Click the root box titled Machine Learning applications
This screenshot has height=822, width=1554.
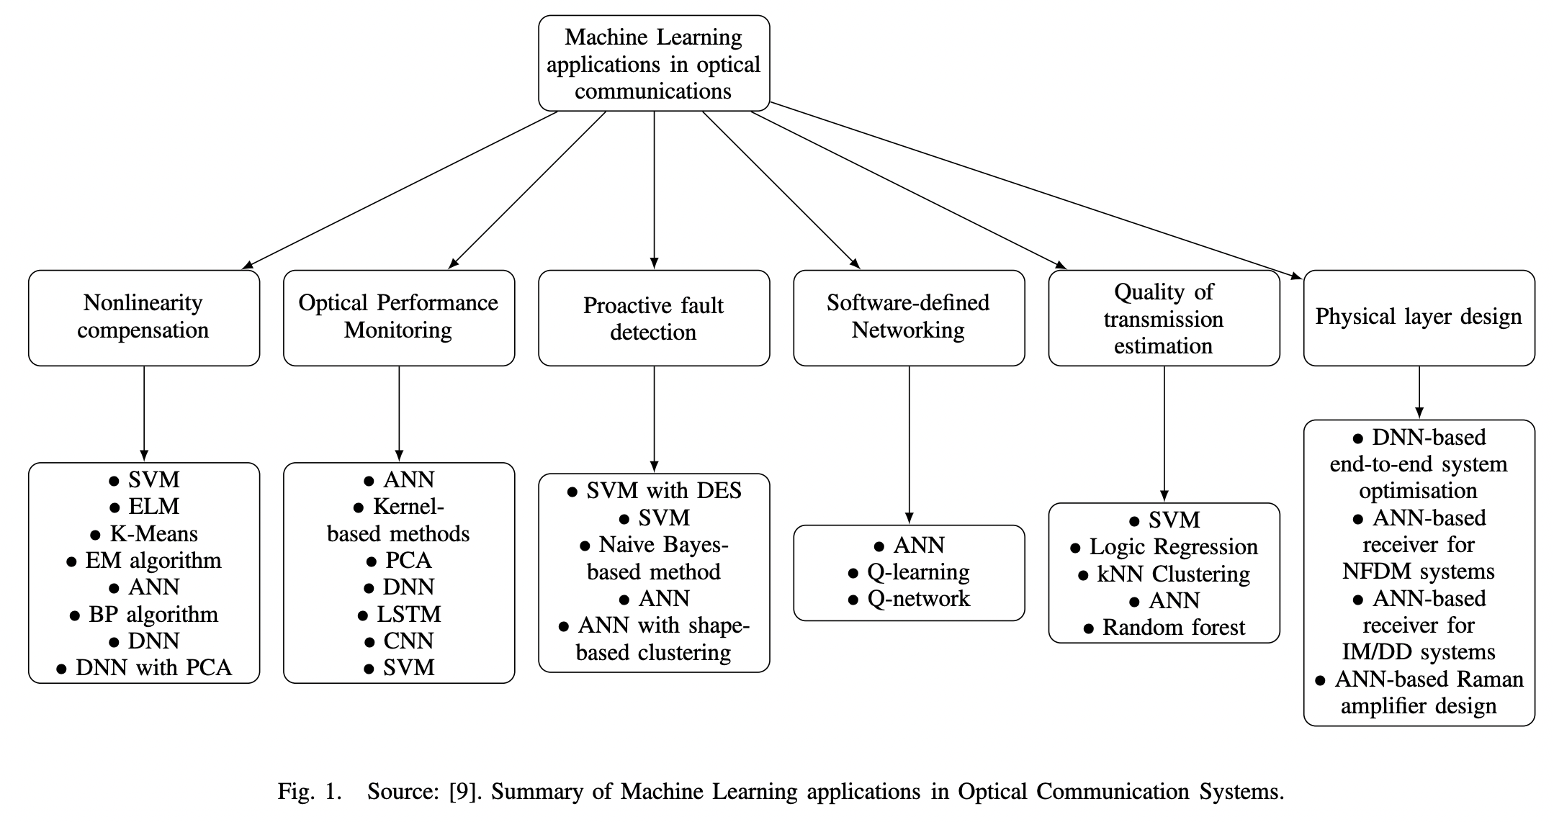coord(654,63)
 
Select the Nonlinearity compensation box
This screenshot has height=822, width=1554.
coord(143,317)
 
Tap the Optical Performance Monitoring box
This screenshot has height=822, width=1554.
coord(398,317)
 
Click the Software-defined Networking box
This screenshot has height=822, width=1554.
coord(908,317)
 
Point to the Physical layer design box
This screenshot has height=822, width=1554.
coord(1418,317)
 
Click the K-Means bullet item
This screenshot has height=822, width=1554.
coord(153,534)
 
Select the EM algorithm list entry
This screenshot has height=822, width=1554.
coord(153,561)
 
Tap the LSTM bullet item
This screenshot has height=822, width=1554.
coord(408,615)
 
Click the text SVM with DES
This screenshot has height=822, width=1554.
coord(663,491)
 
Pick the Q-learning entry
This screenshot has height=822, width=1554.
coord(918,572)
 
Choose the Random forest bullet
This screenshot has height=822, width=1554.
coord(1173,628)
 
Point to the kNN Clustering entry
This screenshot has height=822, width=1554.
coord(1173,574)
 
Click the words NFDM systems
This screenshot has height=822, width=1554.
coord(1418,572)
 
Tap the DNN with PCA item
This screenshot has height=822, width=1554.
coord(153,668)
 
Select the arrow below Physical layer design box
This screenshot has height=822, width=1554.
coord(1419,392)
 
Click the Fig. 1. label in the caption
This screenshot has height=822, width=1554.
coord(309,792)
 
